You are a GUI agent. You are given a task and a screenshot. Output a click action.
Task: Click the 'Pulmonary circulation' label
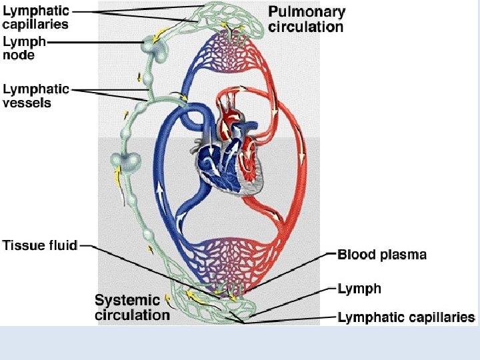click(x=306, y=19)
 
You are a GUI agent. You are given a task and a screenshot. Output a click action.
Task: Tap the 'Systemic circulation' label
click(x=132, y=307)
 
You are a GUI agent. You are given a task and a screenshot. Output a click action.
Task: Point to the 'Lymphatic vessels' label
click(x=36, y=95)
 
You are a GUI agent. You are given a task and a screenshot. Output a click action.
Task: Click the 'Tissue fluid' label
click(x=40, y=245)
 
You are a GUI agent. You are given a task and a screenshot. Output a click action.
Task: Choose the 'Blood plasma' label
click(x=382, y=255)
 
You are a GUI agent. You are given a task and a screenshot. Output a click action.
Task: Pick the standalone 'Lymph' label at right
click(x=359, y=289)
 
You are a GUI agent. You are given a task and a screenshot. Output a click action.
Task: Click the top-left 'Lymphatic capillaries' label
click(x=36, y=18)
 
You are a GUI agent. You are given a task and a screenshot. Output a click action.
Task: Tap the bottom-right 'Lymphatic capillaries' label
click(x=406, y=317)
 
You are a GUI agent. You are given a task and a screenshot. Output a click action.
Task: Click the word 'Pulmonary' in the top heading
click(x=307, y=11)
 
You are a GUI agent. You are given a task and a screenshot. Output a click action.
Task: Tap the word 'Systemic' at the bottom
click(x=127, y=300)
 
